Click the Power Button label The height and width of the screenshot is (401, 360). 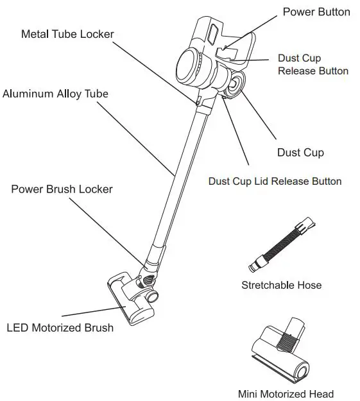(x=316, y=12)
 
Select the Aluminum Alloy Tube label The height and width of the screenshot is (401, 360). (x=55, y=94)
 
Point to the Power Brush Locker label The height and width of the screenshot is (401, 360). (x=62, y=189)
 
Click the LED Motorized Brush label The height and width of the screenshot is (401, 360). (x=60, y=328)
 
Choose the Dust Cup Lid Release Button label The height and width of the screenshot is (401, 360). (x=275, y=182)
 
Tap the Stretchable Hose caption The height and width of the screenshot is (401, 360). (x=281, y=285)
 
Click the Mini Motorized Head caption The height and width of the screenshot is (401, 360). (x=286, y=394)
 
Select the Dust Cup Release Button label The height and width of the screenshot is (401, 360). (x=313, y=64)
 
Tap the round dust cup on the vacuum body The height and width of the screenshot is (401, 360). (x=234, y=84)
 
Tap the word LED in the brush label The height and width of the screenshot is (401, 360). (x=17, y=328)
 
